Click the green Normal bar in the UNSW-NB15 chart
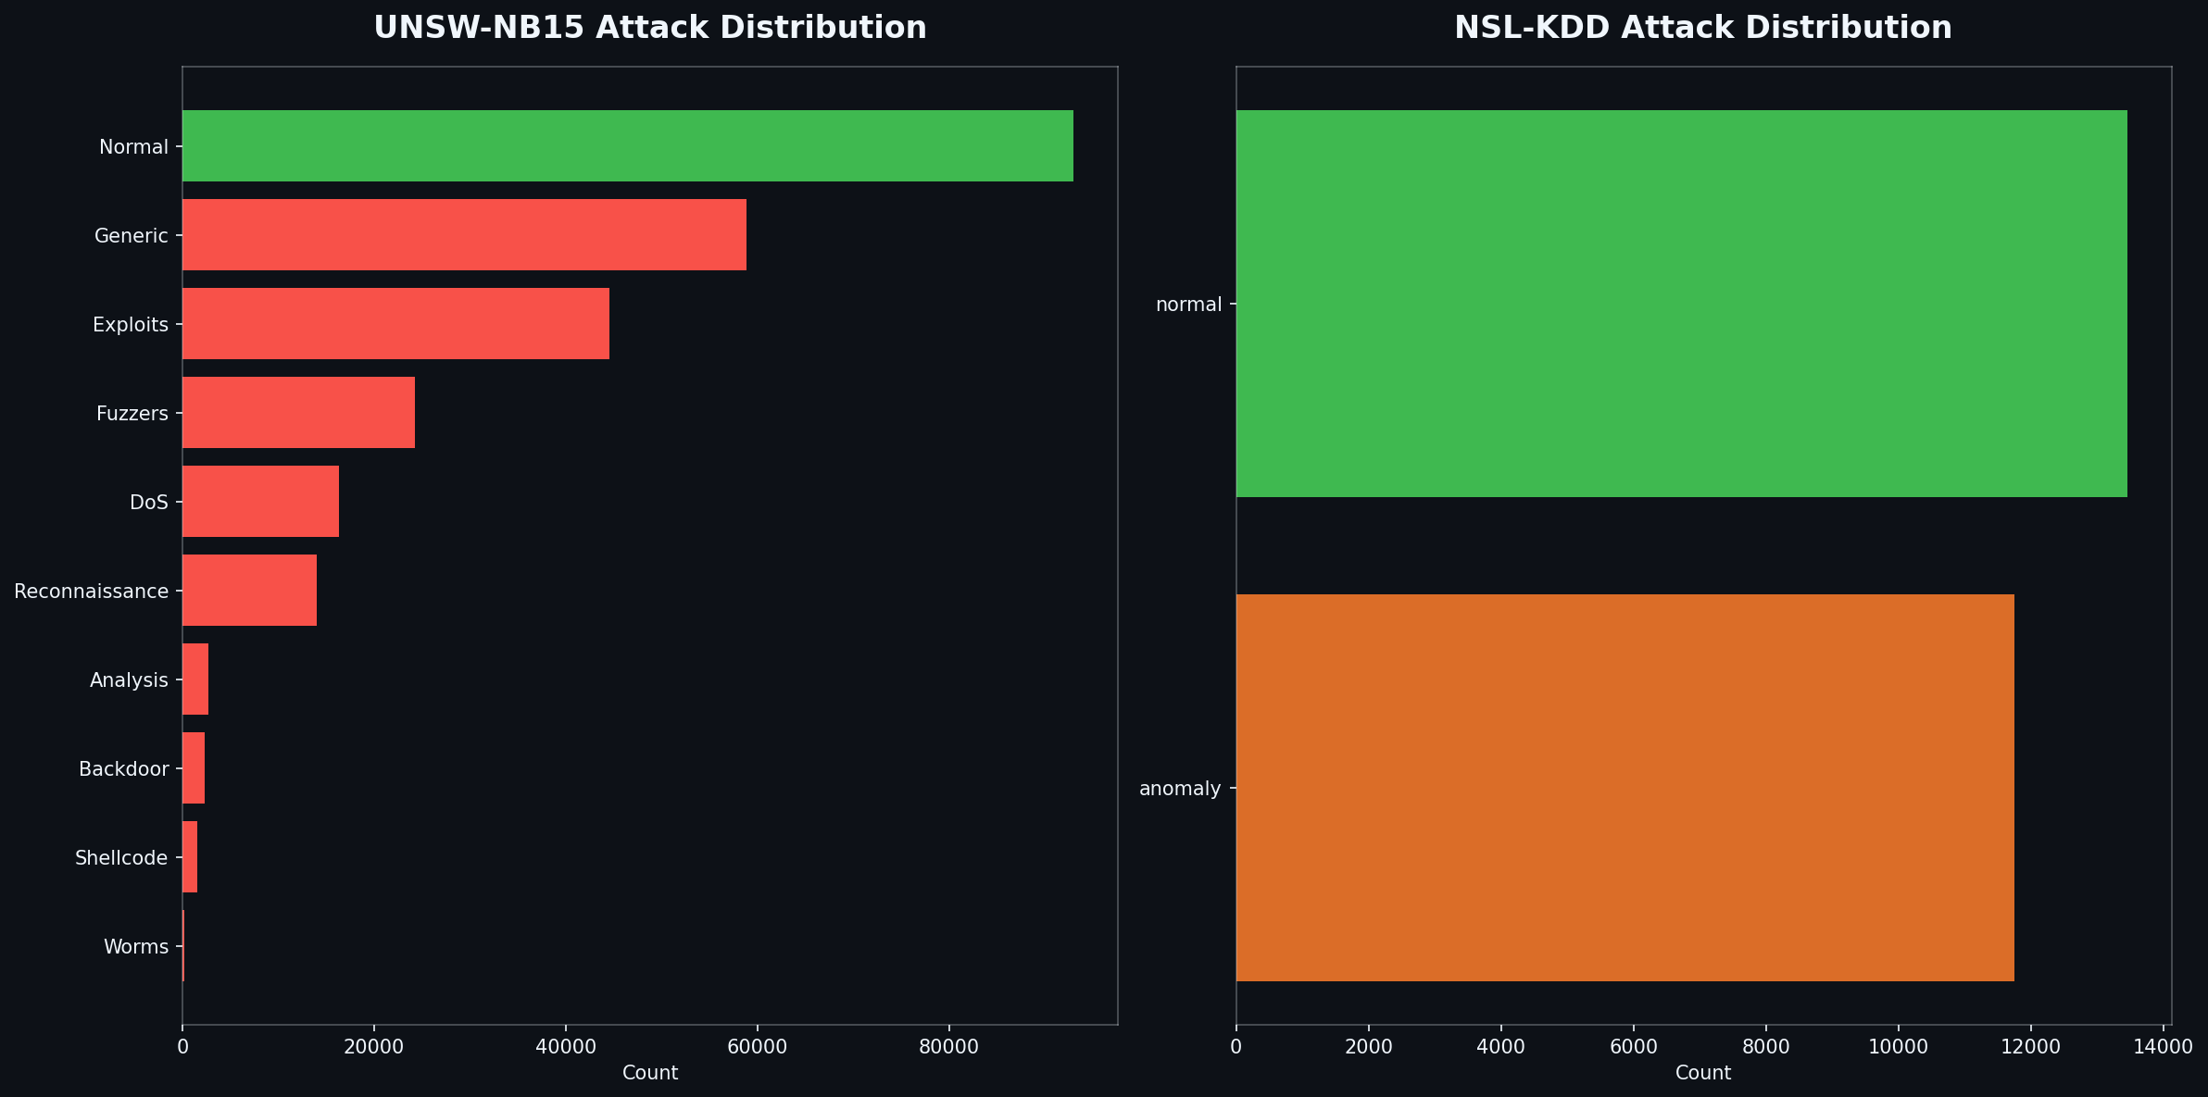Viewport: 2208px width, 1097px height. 627,145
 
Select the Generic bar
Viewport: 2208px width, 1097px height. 464,235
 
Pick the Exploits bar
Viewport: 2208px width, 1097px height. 395,324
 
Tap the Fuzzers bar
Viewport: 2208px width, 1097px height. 298,413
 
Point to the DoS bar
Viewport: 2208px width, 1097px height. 260,502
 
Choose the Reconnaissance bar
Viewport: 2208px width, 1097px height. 249,591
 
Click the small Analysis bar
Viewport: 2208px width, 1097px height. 195,679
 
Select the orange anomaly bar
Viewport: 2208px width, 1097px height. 1625,788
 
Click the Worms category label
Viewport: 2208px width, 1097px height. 136,947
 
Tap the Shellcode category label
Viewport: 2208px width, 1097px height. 121,858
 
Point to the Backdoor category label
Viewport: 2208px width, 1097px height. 124,769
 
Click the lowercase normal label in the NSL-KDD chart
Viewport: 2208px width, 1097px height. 1188,305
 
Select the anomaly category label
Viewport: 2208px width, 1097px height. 1180,789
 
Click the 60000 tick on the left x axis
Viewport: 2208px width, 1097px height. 757,1047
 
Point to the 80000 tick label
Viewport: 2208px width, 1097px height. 948,1047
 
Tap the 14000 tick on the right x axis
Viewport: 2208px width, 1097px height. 2164,1047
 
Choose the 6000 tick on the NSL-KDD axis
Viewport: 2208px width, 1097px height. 1633,1047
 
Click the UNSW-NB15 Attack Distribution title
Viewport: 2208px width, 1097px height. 649,28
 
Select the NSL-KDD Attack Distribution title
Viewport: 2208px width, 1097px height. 1702,28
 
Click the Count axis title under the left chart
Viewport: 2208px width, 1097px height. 649,1074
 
